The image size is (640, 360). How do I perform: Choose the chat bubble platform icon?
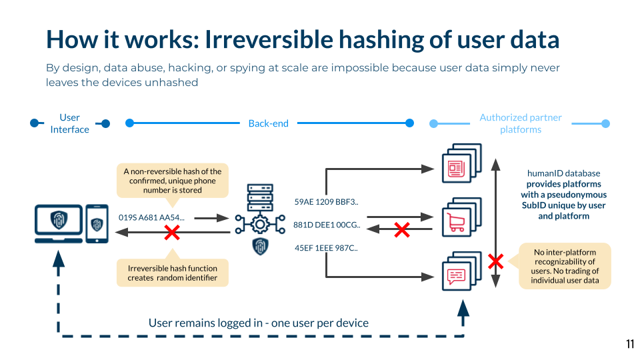[458, 273]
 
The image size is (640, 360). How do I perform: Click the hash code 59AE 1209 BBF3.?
[326, 201]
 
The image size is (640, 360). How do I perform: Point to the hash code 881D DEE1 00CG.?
[327, 225]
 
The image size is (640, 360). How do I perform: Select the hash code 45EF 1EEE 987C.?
[326, 248]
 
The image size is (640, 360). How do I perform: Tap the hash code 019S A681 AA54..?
[151, 217]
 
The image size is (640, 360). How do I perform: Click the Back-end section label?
[268, 123]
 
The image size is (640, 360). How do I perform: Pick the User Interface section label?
[69, 123]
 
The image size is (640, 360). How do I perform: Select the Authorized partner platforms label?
[521, 123]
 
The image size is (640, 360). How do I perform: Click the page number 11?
[629, 344]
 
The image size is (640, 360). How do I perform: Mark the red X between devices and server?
[172, 232]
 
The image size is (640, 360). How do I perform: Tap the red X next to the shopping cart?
[401, 230]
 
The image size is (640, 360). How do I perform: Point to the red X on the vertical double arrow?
[495, 261]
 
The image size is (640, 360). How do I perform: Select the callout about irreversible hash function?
[172, 273]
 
